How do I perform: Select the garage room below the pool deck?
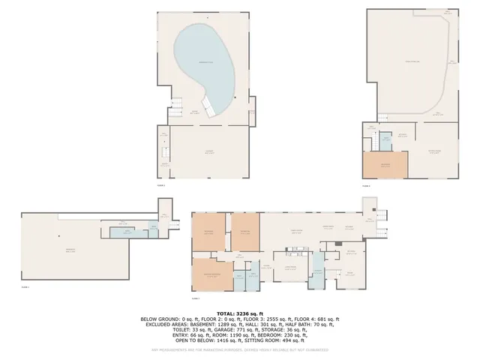point(206,150)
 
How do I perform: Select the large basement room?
point(71,251)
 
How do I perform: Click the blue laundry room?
point(317,271)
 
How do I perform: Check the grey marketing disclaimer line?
point(240,349)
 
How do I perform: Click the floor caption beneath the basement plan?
point(25,287)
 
